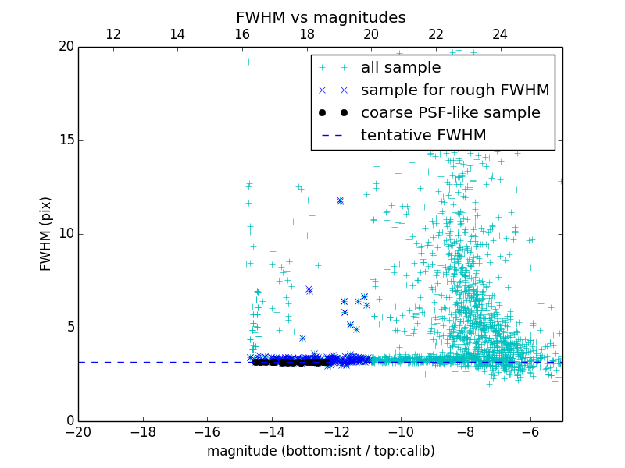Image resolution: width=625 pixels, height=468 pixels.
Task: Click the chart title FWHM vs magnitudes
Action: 320,17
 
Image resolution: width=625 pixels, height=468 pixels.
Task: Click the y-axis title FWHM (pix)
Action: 45,233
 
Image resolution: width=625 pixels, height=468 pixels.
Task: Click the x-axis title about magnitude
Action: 320,451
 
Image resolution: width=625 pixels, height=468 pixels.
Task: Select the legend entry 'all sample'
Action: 401,68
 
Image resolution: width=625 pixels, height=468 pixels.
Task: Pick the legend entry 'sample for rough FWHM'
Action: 455,90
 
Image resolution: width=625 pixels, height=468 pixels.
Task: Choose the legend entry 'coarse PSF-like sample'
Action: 450,113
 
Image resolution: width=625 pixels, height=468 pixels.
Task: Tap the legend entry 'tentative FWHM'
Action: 423,136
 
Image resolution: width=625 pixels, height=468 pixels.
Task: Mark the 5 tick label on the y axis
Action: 70,328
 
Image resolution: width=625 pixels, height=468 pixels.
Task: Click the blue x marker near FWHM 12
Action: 340,200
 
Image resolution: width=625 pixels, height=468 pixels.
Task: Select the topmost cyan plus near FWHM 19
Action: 248,62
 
